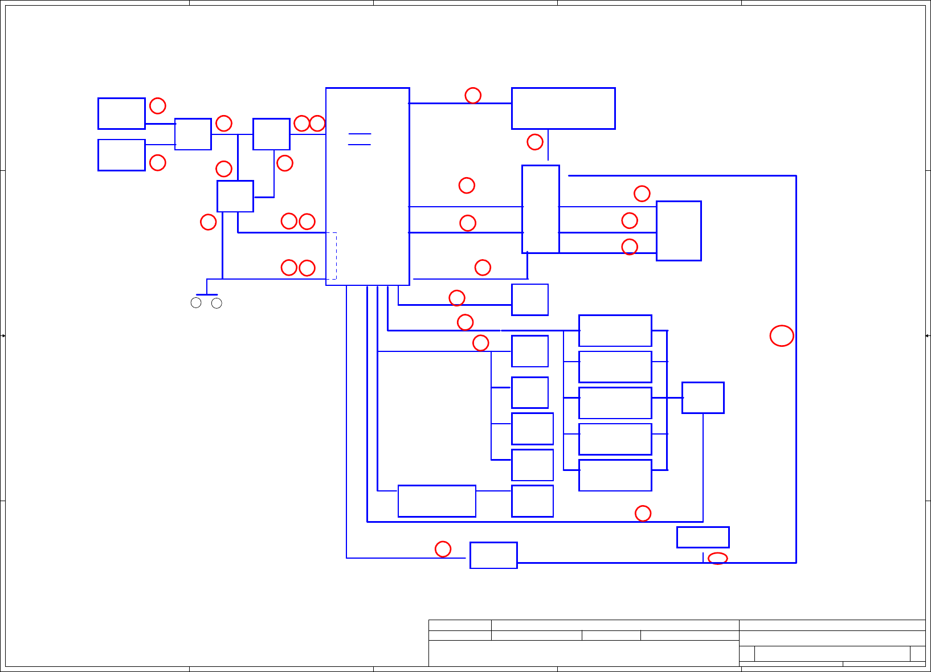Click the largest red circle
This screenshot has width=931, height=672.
point(782,336)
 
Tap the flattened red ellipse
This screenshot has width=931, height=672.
point(717,559)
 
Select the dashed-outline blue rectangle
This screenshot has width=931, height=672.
point(331,256)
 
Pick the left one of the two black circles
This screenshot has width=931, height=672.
point(196,303)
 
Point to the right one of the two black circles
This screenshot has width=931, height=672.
point(217,303)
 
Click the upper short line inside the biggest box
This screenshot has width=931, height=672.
point(360,134)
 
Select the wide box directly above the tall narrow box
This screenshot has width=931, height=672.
point(563,108)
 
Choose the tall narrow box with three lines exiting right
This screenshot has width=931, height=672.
point(540,209)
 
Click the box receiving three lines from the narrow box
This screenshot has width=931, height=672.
point(678,231)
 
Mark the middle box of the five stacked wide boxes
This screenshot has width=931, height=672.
point(615,403)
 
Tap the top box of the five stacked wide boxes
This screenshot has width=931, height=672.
point(615,330)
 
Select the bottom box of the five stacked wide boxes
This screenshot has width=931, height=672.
point(615,475)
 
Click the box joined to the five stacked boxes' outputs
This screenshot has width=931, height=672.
point(703,398)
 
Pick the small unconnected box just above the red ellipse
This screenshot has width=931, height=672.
point(703,537)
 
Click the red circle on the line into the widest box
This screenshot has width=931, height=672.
point(473,95)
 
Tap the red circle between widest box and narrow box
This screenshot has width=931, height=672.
point(535,142)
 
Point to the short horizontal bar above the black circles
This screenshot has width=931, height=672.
point(206,294)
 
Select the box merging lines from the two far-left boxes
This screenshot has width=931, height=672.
point(193,134)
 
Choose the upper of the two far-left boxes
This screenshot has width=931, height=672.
point(121,113)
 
